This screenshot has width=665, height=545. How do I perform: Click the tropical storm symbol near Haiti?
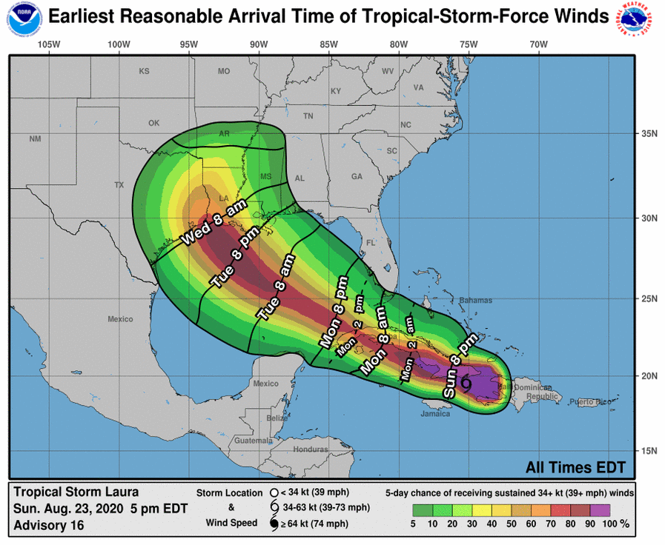pos(466,383)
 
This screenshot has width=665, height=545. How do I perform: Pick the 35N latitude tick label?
pos(649,134)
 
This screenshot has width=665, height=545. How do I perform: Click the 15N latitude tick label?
pos(649,450)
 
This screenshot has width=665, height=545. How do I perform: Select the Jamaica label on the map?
pos(434,414)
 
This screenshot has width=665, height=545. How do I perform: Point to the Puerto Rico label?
pos(590,401)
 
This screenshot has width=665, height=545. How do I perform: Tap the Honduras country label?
pos(311,449)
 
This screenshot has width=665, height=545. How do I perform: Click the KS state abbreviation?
pos(144,72)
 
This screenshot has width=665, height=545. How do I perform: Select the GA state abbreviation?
pos(357,176)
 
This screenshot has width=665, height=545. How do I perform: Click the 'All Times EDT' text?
pos(575,467)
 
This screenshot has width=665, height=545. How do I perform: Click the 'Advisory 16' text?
pos(48,525)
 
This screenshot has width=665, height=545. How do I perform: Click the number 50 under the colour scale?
pos(512,524)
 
